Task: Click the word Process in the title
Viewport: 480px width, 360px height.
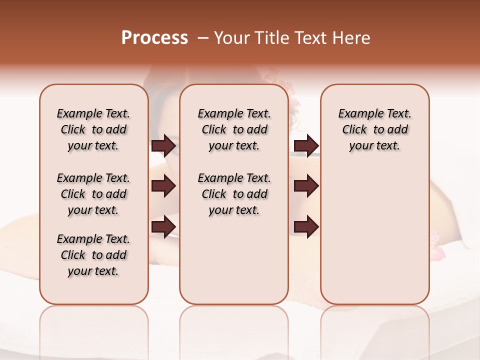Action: pos(154,38)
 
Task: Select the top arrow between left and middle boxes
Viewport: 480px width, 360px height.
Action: pos(163,146)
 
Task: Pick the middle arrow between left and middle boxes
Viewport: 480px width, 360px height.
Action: pos(163,186)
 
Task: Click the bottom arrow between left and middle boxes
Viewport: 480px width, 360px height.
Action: pos(163,226)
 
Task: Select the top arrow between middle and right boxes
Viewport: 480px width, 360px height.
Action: pos(306,146)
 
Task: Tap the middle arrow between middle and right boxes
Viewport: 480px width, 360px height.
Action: pos(306,186)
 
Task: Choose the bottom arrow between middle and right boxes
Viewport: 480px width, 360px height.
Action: pos(306,226)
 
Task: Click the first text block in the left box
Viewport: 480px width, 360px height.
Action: pos(93,129)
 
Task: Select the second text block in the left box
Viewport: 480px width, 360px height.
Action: pos(93,194)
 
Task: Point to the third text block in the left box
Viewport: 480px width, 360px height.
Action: pos(93,255)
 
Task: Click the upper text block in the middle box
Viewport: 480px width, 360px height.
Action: pos(234,129)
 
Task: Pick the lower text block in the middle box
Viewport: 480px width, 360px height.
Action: pos(234,194)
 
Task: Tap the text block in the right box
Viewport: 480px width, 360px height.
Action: pos(375,129)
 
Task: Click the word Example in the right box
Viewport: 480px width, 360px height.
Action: pos(357,114)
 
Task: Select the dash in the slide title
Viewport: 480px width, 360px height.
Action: pos(203,38)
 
